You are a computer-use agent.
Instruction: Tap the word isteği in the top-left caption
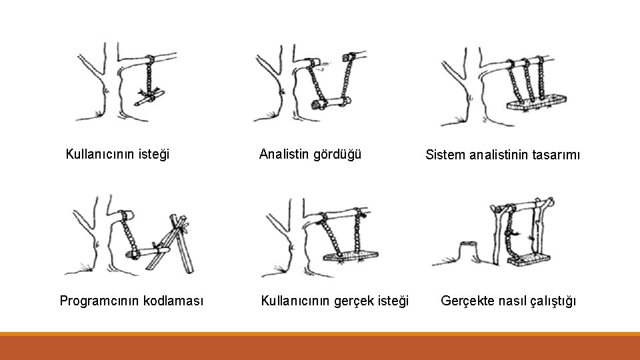coord(153,155)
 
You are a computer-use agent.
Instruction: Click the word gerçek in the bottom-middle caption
coord(349,301)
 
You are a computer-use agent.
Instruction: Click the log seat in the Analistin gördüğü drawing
coord(331,102)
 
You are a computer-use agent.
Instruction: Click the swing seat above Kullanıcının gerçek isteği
coord(351,256)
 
